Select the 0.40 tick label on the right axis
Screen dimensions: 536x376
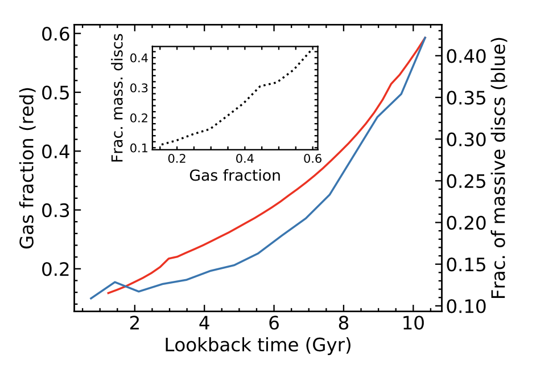[x=466, y=56]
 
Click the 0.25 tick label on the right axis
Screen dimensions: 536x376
[x=466, y=181]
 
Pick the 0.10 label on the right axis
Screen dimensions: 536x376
[x=466, y=306]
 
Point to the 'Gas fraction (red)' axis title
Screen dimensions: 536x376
[x=27, y=168]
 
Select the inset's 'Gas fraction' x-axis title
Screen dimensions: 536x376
[x=235, y=175]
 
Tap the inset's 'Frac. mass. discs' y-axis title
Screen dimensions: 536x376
[x=117, y=98]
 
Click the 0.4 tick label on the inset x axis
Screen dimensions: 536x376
[x=245, y=159]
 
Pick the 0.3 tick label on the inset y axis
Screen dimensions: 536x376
[x=139, y=88]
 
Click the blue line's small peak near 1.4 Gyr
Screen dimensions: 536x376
[x=115, y=282]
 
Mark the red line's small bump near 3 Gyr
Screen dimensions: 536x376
[x=169, y=259]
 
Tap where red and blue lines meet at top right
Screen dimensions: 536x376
[x=425, y=37]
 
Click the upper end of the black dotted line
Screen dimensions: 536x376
[x=311, y=49]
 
